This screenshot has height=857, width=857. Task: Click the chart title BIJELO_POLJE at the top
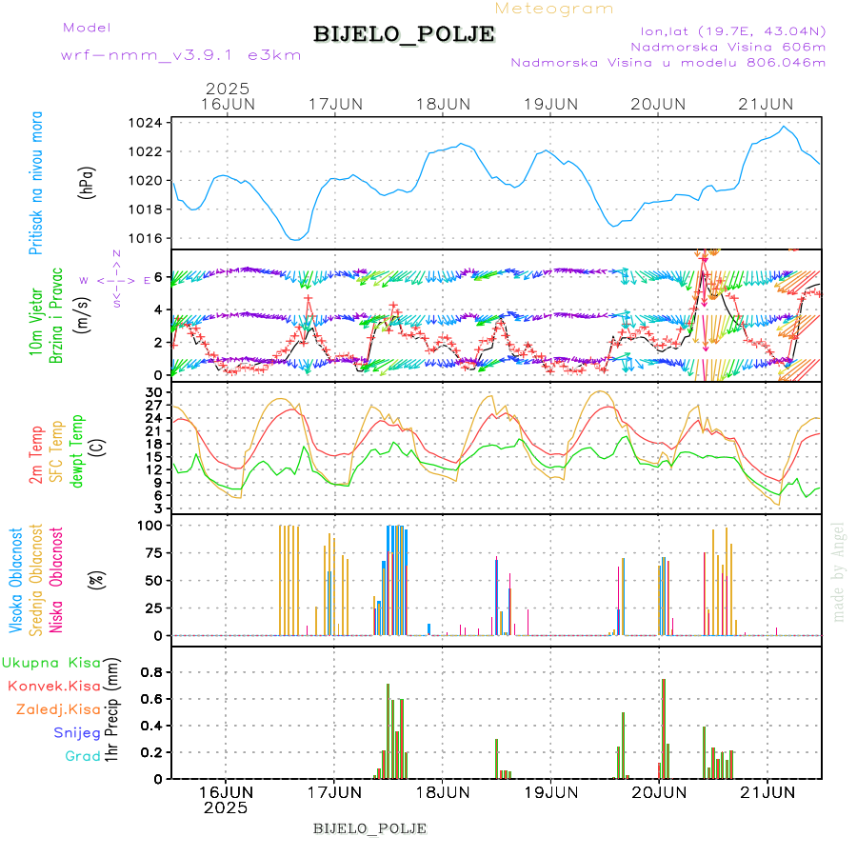click(x=404, y=34)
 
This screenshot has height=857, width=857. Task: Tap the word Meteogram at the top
click(x=554, y=9)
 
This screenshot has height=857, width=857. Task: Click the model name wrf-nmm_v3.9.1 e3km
click(x=181, y=55)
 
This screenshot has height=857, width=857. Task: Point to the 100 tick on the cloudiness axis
click(x=151, y=525)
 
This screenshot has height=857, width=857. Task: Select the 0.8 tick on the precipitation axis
click(x=151, y=671)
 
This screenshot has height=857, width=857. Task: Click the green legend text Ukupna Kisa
click(x=50, y=662)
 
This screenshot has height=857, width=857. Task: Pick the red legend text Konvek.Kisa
click(x=53, y=686)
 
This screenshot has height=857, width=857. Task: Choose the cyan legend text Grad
click(x=82, y=756)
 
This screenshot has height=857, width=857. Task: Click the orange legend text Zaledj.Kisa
click(x=58, y=709)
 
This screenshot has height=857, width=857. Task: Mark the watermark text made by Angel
click(x=839, y=571)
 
